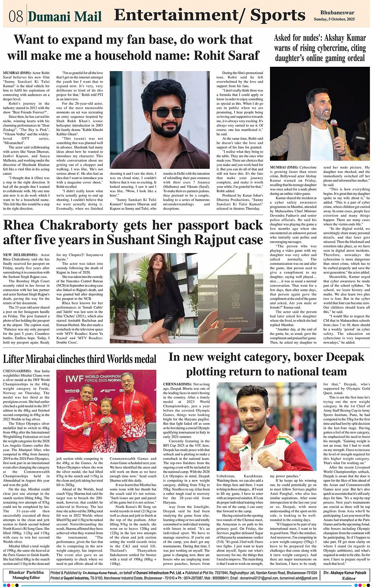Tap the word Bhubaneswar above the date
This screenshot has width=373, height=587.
click(x=337, y=13)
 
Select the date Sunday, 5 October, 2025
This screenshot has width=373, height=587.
click(x=334, y=19)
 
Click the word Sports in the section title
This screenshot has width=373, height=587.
click(x=277, y=15)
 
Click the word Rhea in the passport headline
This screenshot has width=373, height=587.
click(x=25, y=225)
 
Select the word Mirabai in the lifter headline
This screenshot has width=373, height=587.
click(x=54, y=359)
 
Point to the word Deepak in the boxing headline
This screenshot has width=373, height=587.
click(x=341, y=357)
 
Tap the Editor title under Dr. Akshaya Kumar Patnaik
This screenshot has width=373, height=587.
click(x=349, y=578)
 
